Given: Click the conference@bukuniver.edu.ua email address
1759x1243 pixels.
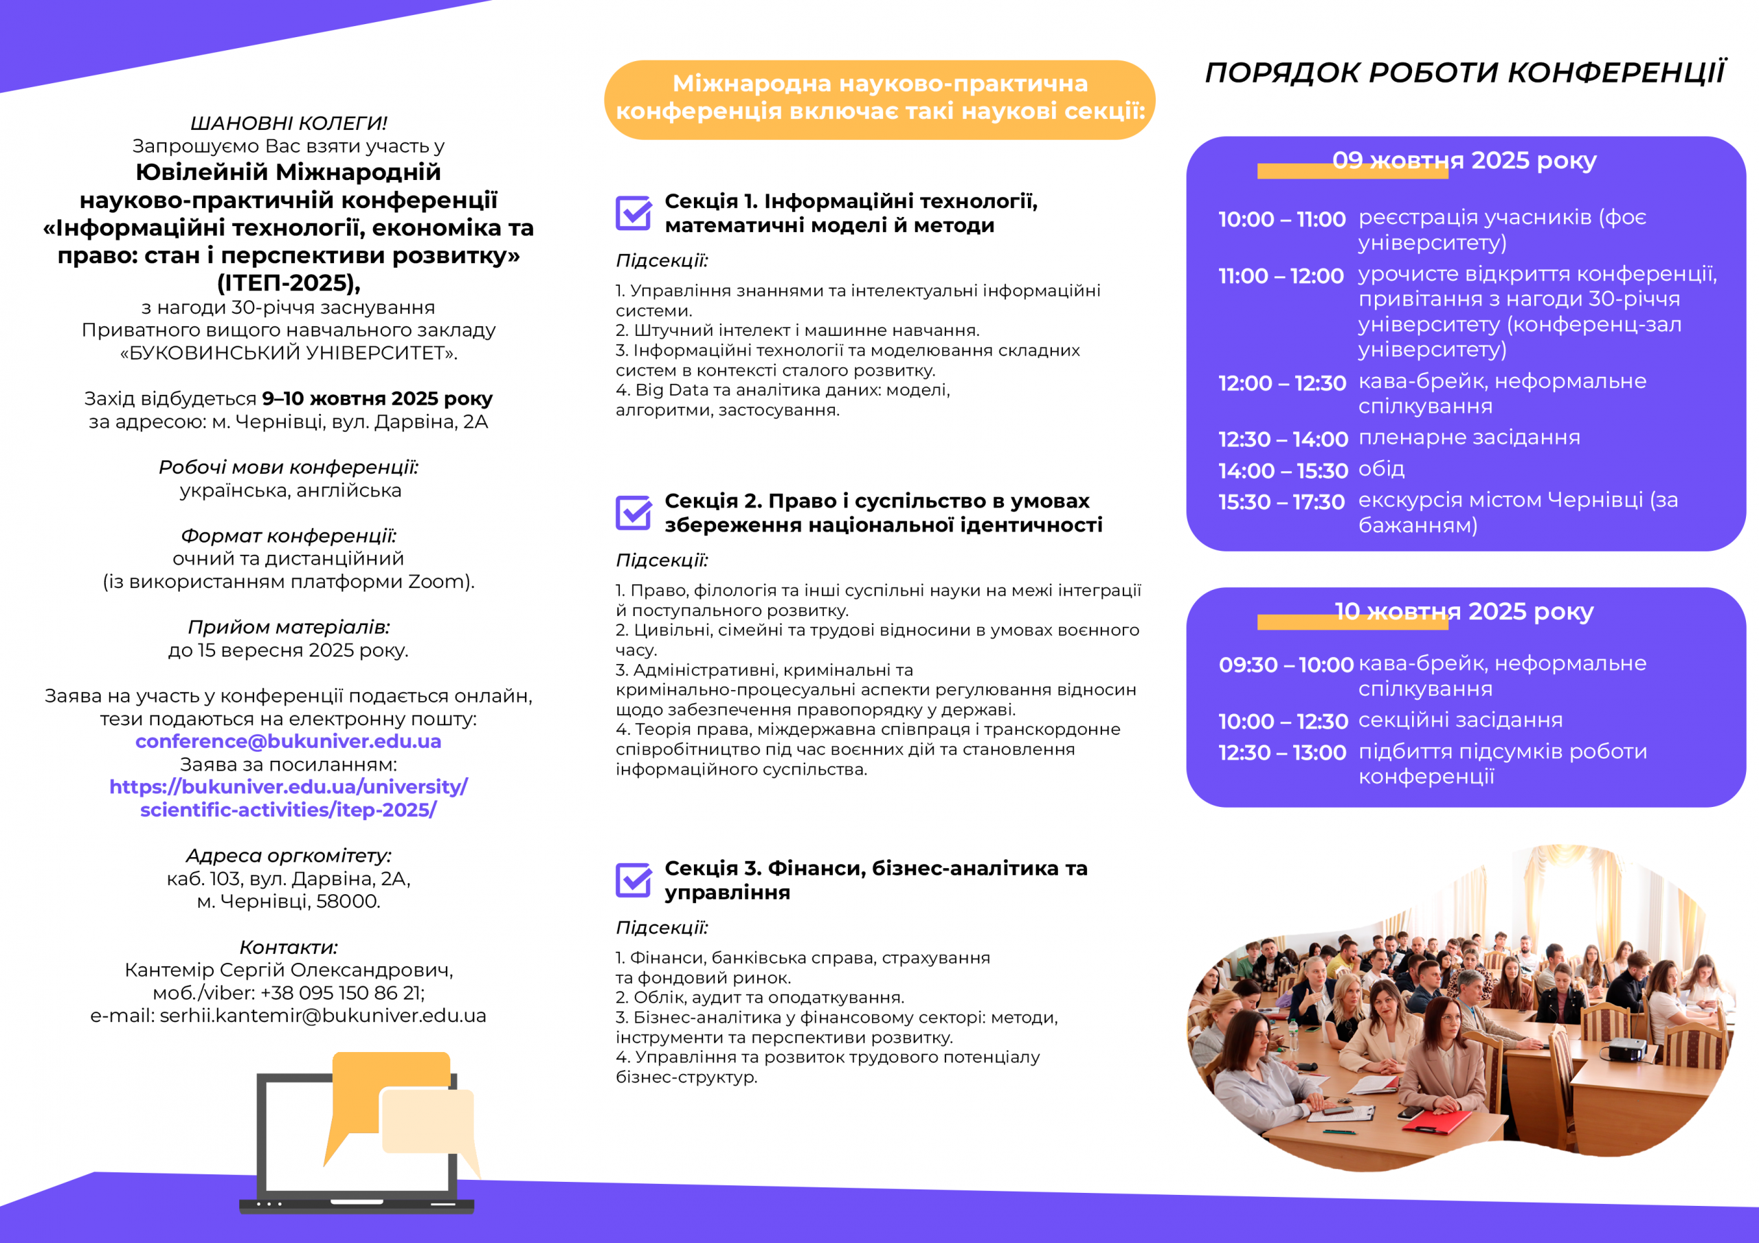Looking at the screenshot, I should tap(288, 742).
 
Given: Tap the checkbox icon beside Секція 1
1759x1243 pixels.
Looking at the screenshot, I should tap(634, 213).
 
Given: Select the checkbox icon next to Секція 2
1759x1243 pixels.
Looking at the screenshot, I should tap(634, 512).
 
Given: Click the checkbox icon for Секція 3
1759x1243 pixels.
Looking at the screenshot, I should tap(634, 880).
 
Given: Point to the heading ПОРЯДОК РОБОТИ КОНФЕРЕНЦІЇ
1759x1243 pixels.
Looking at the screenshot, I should tap(1465, 73).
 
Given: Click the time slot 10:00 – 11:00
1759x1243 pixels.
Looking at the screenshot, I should tap(1281, 220).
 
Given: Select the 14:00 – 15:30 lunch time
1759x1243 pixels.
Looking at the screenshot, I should tap(1282, 471).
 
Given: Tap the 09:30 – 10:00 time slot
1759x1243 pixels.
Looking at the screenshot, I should tap(1286, 665).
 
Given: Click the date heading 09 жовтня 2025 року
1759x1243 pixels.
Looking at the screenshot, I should tap(1464, 161).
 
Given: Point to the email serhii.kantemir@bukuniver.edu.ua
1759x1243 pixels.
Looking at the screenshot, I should tap(322, 1016).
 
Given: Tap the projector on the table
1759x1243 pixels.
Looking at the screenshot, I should tap(1626, 1049).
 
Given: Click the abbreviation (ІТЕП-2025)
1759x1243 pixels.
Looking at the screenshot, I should tap(289, 284).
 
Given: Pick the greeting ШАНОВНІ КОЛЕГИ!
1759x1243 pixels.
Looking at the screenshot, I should tap(289, 124).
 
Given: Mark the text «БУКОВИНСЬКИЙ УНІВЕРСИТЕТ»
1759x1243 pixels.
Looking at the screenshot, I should tap(289, 353).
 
